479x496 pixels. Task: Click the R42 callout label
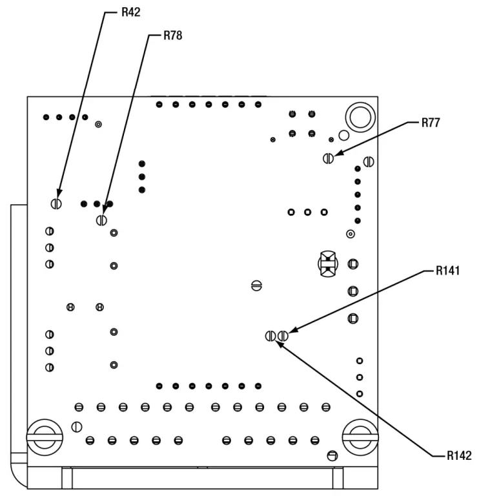click(x=131, y=12)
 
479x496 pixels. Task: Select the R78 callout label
click(x=172, y=36)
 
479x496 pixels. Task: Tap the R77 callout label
click(x=431, y=123)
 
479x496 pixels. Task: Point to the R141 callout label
click(x=447, y=271)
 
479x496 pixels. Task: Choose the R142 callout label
click(x=459, y=456)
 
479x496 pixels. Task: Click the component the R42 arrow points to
click(x=56, y=203)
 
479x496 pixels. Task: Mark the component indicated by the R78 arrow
click(x=101, y=220)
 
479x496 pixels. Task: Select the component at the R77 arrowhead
click(x=329, y=158)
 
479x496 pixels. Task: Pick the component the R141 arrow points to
click(x=283, y=336)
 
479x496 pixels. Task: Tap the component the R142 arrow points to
click(x=271, y=336)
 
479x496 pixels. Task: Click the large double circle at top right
click(x=359, y=117)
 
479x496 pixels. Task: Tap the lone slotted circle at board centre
click(x=256, y=284)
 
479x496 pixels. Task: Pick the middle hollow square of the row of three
click(x=308, y=212)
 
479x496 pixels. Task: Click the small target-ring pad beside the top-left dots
click(x=99, y=124)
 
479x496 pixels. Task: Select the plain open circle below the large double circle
click(x=343, y=135)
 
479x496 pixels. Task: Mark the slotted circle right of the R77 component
click(x=369, y=161)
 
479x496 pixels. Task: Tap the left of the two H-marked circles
click(x=70, y=307)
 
